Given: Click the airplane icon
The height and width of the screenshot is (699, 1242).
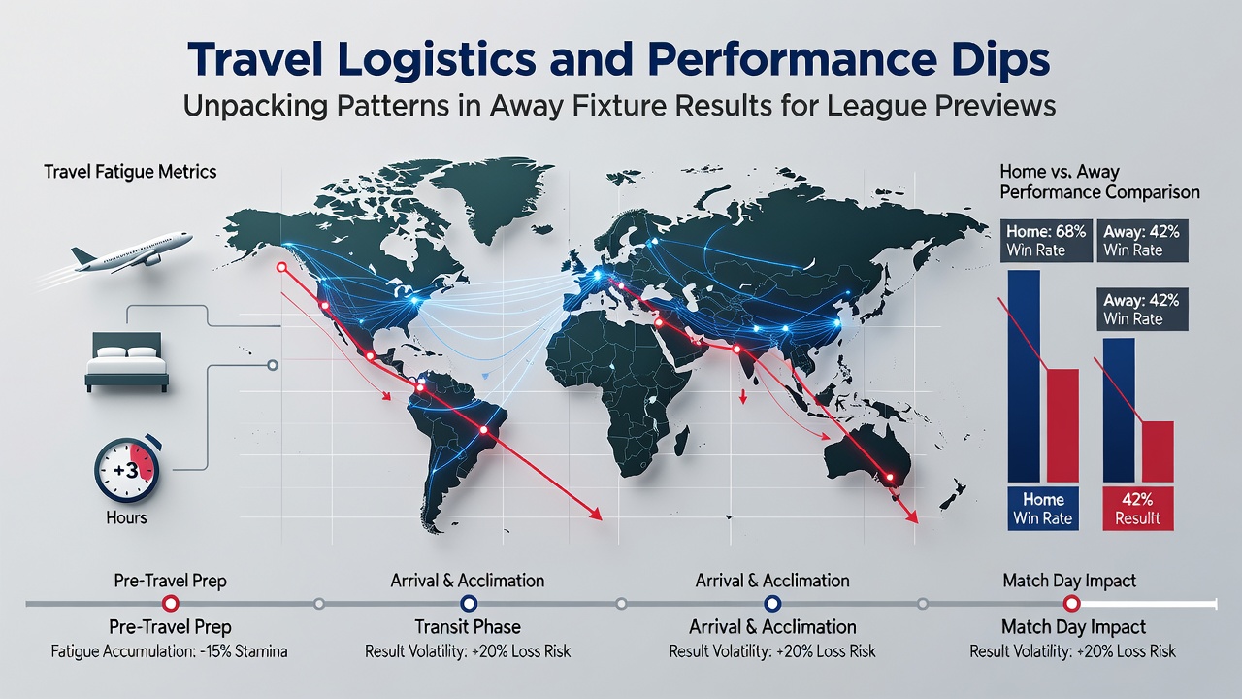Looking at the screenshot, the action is pyautogui.click(x=132, y=252).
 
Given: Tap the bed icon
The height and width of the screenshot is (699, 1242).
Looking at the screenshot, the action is pyautogui.click(x=126, y=362).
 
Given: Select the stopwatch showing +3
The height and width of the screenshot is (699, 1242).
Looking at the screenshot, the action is pyautogui.click(x=127, y=469).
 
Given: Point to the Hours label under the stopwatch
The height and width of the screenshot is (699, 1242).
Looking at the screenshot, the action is pyautogui.click(x=126, y=517).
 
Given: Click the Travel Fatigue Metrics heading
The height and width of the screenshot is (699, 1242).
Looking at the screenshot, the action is pyautogui.click(x=130, y=172).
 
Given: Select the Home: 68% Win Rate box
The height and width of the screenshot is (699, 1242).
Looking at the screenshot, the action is pyautogui.click(x=1046, y=241).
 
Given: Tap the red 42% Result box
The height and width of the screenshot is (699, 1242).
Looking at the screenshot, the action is pyautogui.click(x=1137, y=509).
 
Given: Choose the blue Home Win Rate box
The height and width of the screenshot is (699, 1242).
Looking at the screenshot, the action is pyautogui.click(x=1043, y=509).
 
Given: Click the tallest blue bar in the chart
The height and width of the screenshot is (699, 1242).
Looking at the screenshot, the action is pyautogui.click(x=1024, y=376).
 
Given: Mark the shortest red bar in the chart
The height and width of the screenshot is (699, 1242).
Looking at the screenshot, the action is pyautogui.click(x=1158, y=451).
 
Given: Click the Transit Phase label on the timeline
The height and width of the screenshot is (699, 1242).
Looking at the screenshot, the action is pyautogui.click(x=468, y=627).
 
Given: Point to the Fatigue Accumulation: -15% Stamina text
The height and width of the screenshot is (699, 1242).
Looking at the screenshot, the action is pyautogui.click(x=169, y=650).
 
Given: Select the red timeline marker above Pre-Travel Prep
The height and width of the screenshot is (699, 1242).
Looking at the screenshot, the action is pyautogui.click(x=170, y=603).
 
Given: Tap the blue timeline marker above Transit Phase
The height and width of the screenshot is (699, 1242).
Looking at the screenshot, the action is pyautogui.click(x=469, y=603).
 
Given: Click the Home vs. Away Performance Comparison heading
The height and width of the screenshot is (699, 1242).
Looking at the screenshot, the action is pyautogui.click(x=1099, y=182).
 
